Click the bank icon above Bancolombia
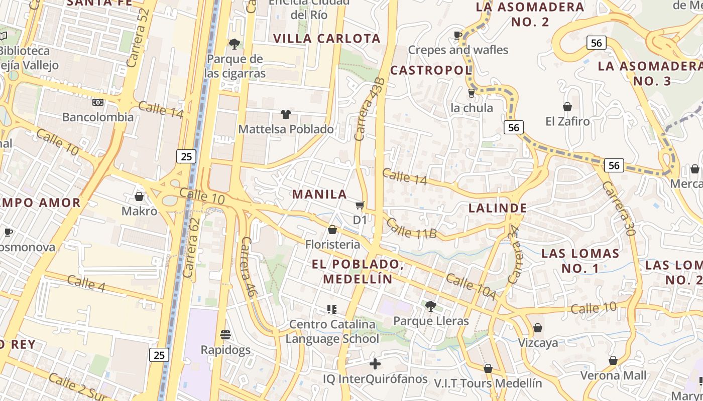click(x=98, y=102)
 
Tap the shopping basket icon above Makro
click(x=139, y=196)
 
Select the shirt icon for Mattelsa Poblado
click(x=286, y=114)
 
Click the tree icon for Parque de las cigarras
click(x=234, y=44)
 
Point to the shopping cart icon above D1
click(x=360, y=205)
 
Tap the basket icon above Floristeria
click(x=332, y=230)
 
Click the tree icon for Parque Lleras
click(x=430, y=306)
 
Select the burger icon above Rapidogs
click(x=225, y=334)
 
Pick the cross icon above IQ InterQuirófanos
click(x=375, y=364)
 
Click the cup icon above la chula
click(x=472, y=93)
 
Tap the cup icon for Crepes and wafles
click(x=458, y=35)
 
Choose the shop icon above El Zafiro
click(x=567, y=107)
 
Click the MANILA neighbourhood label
click(x=319, y=194)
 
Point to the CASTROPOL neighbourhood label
click(x=431, y=70)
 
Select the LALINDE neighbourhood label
click(x=498, y=208)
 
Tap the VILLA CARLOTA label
click(x=327, y=39)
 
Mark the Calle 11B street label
click(x=412, y=230)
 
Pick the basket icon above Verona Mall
click(x=613, y=360)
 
